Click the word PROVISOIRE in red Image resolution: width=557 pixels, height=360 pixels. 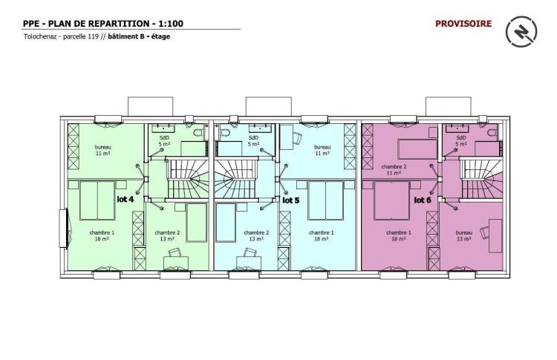pos(463,24)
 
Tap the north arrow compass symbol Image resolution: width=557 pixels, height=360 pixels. pos(521,32)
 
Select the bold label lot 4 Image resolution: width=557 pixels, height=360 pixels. pos(126,199)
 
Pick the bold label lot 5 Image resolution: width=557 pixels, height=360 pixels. pos(290,200)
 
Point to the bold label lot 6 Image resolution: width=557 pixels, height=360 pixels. pos(423,200)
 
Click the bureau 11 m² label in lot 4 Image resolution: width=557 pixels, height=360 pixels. pos(103,150)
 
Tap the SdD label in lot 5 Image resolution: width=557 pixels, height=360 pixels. pos(253,138)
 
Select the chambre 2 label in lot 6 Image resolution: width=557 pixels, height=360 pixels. pos(394,166)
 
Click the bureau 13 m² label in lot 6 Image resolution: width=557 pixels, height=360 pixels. pos(464,236)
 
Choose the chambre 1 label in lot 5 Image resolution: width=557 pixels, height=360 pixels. pos(321,232)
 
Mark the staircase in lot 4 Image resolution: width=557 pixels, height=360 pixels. pos(187,179)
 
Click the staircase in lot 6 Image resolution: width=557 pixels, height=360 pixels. pos(481,179)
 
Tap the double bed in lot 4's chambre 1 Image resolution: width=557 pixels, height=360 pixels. pos(97,200)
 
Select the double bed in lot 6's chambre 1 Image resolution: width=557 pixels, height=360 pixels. pos(392,200)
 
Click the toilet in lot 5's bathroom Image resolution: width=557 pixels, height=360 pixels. pos(225,133)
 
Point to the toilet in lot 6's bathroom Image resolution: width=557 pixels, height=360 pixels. pos(492,133)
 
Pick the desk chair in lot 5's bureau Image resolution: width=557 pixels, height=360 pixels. pos(297,138)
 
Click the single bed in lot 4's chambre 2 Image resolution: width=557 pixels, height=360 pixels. pos(197,223)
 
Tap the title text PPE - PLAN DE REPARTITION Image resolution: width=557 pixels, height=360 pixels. pos(87,24)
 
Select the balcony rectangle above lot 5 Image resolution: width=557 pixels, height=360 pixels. pos(269,106)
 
